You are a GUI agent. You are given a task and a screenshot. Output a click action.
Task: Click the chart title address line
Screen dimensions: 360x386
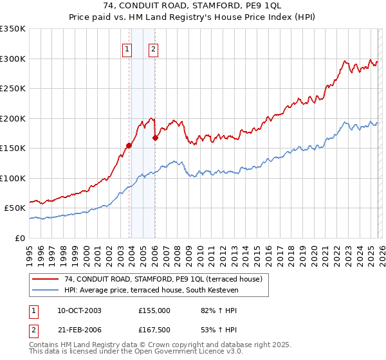[x=192, y=6]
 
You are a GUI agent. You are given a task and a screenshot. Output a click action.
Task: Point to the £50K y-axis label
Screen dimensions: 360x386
[x=15, y=208]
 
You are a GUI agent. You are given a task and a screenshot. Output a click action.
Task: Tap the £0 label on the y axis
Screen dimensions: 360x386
[x=21, y=238]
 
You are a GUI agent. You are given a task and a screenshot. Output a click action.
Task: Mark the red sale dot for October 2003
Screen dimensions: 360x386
[x=129, y=145]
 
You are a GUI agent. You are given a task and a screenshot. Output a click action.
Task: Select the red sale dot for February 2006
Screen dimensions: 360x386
[x=155, y=138]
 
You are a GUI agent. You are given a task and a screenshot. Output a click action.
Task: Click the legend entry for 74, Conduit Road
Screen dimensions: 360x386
[x=163, y=280]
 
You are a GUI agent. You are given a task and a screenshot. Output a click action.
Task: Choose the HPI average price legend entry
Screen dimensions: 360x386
[x=151, y=291]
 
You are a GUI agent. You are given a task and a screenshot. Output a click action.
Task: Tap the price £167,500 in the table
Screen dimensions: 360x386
[x=154, y=330]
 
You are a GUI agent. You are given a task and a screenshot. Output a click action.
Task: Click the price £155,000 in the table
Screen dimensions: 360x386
[x=154, y=310]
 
